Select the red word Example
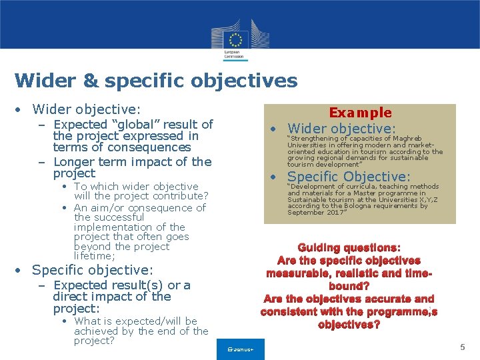pyautogui.click(x=360, y=113)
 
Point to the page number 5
pyautogui.click(x=462, y=347)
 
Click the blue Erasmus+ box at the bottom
pyautogui.click(x=241, y=349)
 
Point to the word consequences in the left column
pyautogui.click(x=149, y=147)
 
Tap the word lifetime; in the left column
pyautogui.click(x=95, y=256)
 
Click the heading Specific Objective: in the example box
pyautogui.click(x=349, y=177)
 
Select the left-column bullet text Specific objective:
pyautogui.click(x=93, y=270)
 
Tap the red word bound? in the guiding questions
pyautogui.click(x=349, y=286)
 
